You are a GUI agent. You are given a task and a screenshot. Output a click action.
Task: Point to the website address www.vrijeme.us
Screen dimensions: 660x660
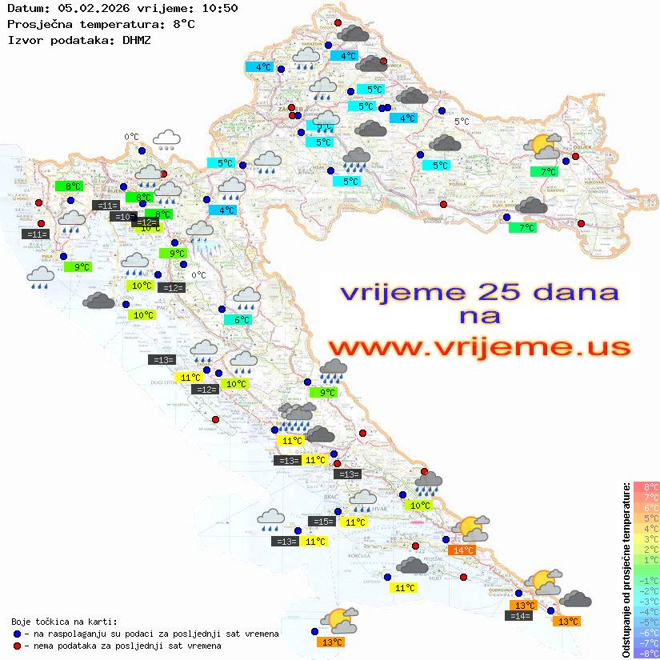click(x=478, y=346)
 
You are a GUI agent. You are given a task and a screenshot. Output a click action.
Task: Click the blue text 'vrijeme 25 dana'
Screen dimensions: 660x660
click(x=478, y=291)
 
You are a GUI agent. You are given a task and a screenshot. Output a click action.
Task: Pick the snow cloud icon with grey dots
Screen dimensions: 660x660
click(x=166, y=140)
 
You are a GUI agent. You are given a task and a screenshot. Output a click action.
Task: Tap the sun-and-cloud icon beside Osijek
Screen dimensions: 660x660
click(x=544, y=146)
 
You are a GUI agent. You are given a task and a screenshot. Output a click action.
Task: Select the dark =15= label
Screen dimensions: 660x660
click(x=322, y=522)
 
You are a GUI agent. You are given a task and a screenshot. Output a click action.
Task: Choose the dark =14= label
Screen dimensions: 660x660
click(x=519, y=615)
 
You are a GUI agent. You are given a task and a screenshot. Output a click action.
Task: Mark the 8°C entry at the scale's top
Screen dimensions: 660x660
click(x=646, y=486)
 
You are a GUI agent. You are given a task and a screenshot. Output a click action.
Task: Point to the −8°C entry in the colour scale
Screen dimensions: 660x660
click(x=646, y=653)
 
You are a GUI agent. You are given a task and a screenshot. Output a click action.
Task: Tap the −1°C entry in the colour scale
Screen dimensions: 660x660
click(x=646, y=581)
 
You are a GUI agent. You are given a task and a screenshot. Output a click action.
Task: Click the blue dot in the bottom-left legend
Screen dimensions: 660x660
click(x=18, y=634)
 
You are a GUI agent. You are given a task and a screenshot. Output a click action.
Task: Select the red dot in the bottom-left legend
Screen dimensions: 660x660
click(x=18, y=646)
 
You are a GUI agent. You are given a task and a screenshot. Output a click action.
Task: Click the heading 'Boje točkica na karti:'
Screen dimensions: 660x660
click(x=64, y=622)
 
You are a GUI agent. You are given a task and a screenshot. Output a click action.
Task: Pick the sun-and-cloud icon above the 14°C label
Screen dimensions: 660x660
click(x=470, y=528)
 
